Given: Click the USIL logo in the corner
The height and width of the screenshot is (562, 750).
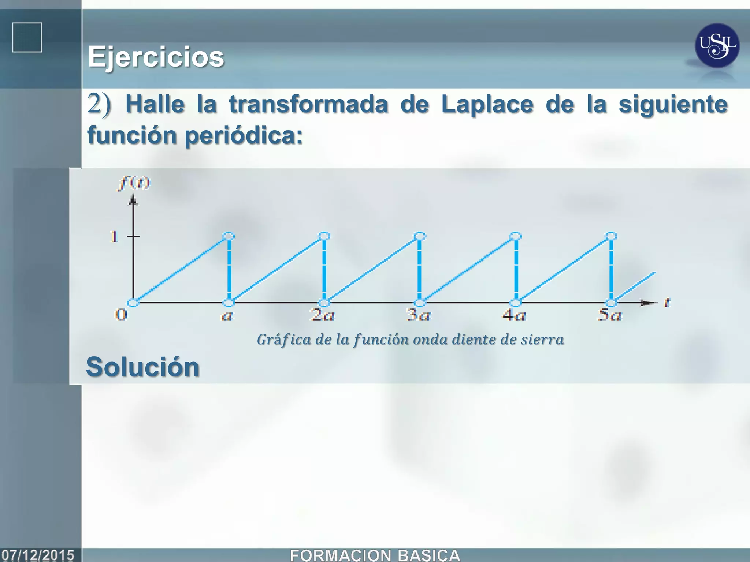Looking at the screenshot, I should (x=717, y=46).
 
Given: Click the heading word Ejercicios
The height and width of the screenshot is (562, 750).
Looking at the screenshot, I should (x=156, y=57).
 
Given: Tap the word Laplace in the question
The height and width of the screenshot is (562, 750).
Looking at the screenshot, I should (x=487, y=105).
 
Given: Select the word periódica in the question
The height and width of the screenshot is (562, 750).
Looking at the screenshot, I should (x=244, y=136).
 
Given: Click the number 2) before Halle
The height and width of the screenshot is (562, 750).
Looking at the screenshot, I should (x=99, y=105).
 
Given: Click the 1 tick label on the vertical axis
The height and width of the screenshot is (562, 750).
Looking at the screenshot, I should (x=114, y=237).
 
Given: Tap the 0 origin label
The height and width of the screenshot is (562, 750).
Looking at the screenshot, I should (x=121, y=314).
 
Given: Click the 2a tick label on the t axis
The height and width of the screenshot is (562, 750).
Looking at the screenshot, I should (x=322, y=315).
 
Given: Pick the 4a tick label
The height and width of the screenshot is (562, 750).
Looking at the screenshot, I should (x=514, y=315).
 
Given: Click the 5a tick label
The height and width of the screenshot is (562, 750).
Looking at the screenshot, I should (x=609, y=315).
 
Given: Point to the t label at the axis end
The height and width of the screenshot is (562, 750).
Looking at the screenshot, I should (x=667, y=303).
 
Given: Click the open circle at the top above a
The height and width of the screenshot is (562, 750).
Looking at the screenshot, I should (x=229, y=236).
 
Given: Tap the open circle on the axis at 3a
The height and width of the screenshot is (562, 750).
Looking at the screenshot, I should (x=420, y=303).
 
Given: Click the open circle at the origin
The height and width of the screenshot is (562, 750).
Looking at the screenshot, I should (x=133, y=303).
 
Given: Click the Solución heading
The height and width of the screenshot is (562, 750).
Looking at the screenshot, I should (x=143, y=367).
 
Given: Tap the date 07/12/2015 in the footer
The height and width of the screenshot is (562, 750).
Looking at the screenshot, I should (x=38, y=555).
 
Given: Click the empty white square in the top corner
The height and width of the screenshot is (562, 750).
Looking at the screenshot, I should (x=27, y=38).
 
